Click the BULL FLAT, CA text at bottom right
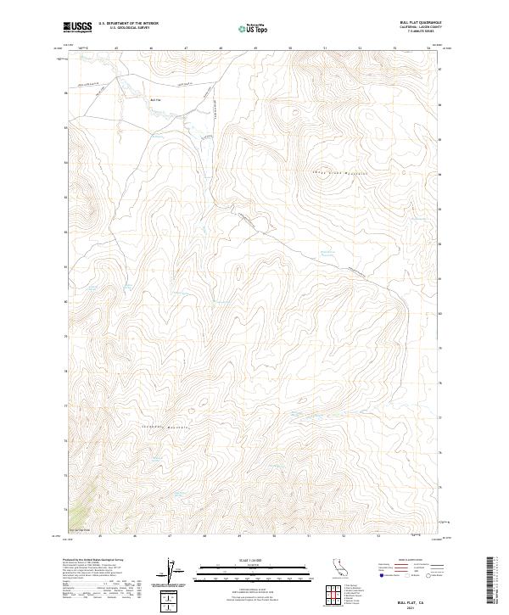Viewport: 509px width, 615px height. (413, 599)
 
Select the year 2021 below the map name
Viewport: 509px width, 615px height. (413, 606)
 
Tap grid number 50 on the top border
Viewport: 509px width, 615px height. (290, 48)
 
